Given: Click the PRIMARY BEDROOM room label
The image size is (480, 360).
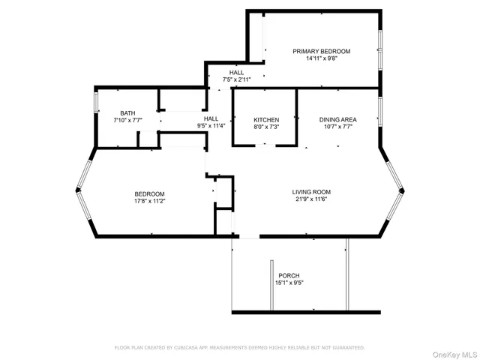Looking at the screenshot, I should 321,51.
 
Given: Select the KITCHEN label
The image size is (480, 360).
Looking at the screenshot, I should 266,120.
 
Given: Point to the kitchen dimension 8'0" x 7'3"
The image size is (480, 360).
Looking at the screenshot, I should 266,127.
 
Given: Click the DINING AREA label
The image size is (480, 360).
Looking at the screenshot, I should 337,119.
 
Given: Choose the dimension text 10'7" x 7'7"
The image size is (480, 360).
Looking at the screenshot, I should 337,127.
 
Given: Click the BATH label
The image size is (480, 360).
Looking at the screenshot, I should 127,113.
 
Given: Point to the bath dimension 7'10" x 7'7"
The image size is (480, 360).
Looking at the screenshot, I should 127,121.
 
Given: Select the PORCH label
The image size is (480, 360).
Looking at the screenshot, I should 289,275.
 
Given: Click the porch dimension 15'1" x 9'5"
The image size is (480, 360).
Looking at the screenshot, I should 289,283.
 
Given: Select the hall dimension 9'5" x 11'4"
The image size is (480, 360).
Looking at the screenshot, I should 211,126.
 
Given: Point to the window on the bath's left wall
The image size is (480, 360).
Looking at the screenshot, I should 95,102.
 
